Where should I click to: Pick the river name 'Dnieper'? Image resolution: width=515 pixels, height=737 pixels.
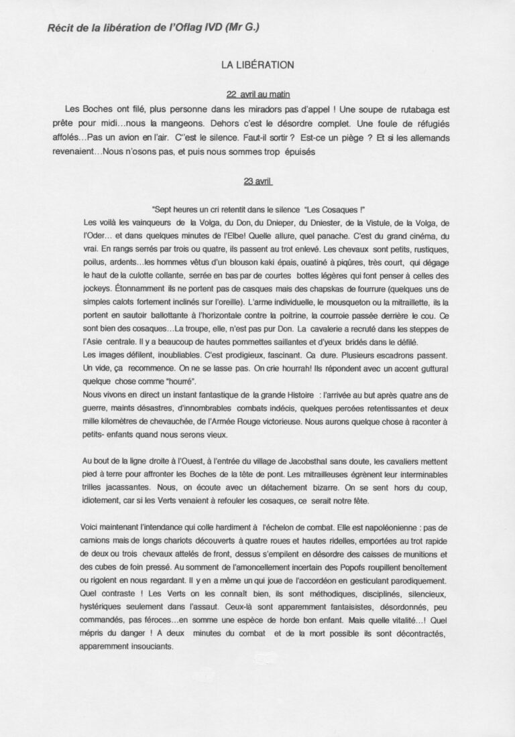pyautogui.click(x=272, y=222)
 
